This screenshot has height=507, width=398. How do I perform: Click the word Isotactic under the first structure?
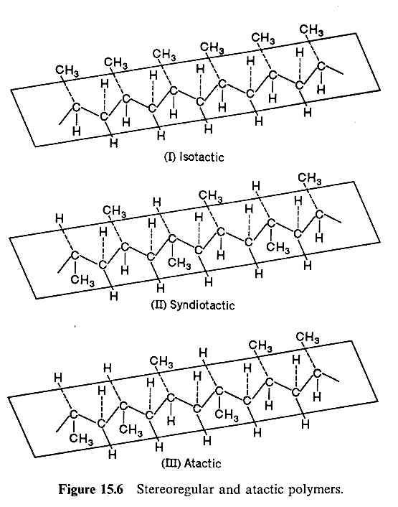pos(202,157)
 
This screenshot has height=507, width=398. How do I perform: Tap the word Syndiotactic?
pos(202,305)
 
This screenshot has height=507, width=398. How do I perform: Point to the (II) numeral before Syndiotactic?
pos(158,305)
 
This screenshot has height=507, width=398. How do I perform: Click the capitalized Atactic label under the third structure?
pos(202,463)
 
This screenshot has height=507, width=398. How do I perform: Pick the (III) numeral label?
pos(171,463)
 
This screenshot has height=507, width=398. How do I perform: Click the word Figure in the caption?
pos(77,490)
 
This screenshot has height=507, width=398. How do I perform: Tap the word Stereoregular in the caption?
pos(175,490)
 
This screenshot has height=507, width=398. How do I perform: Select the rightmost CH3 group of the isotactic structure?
pos(311,29)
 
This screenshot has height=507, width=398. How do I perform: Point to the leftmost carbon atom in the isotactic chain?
pos(77,107)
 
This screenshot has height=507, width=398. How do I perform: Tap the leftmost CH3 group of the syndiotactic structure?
pos(82,279)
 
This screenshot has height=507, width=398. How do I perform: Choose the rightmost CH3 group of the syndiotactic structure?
pos(310,178)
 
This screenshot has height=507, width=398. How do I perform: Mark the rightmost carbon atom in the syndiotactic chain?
pos(319,214)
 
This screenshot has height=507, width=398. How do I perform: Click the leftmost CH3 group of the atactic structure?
pos(81,439)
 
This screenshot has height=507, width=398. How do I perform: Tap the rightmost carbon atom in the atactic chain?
pos(317,373)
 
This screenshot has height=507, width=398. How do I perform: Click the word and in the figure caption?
pos(229,490)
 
